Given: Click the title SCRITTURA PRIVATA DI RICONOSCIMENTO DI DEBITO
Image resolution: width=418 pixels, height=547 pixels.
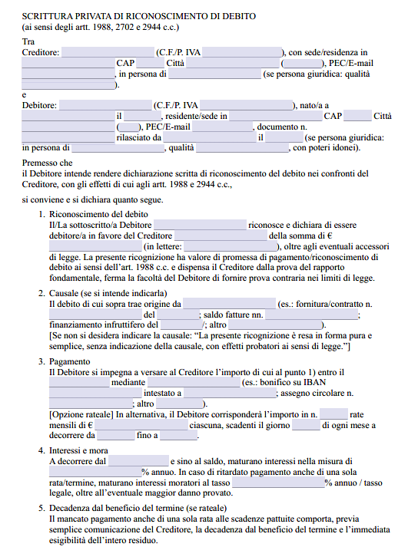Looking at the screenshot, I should pos(139,15).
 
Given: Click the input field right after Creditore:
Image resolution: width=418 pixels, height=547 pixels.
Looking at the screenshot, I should pos(107,52).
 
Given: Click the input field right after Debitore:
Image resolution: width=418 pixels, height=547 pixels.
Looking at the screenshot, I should pos(105,105).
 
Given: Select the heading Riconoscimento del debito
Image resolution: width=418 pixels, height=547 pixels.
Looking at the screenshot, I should pos(98,213).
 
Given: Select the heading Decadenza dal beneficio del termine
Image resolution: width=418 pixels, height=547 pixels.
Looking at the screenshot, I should pos(138,509).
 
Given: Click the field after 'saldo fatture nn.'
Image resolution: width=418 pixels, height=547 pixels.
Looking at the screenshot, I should pos(312,315).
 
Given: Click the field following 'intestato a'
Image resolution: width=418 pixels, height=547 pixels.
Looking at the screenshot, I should pos(230,394).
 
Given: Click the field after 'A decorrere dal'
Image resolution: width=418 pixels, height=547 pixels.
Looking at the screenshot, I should pos(138,462).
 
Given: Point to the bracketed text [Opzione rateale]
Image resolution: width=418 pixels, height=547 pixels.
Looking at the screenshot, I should pos(81,414).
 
